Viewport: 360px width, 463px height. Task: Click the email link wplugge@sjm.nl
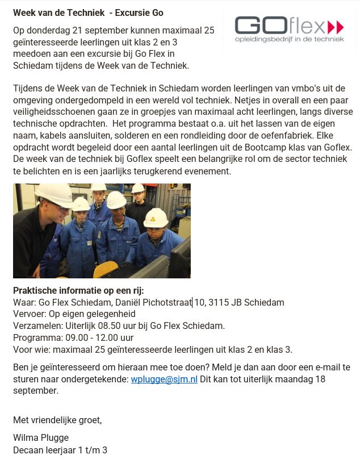click(x=164, y=379)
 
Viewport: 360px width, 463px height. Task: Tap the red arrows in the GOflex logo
click(x=336, y=27)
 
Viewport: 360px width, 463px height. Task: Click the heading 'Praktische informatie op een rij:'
click(x=78, y=290)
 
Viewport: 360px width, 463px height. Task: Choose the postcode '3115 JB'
click(x=225, y=303)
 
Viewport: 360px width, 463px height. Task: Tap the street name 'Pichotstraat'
click(x=168, y=303)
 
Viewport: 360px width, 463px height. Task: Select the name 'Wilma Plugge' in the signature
click(x=41, y=438)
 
